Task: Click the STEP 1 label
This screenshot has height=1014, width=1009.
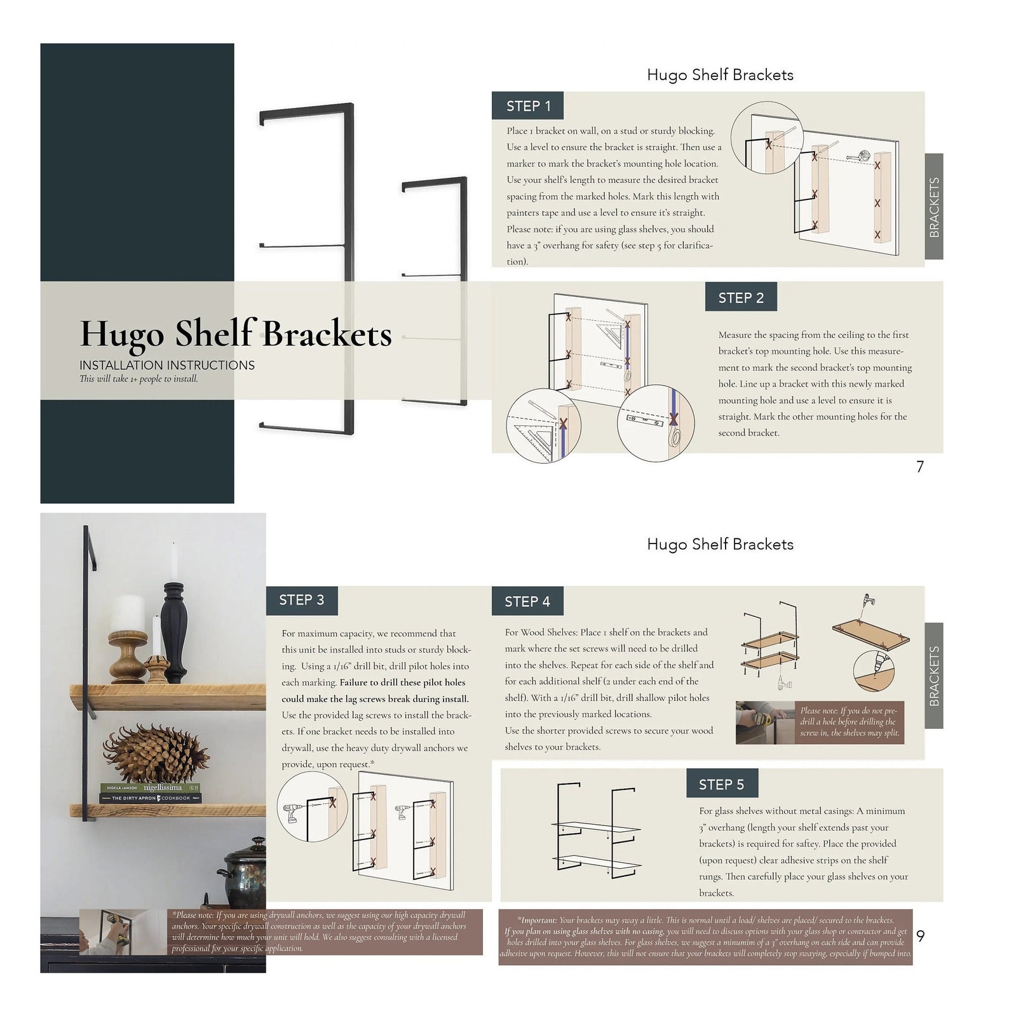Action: click(528, 106)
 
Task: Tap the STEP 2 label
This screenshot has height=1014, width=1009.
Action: click(741, 298)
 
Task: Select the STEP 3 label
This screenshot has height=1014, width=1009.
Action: click(302, 600)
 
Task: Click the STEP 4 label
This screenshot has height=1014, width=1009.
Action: click(527, 601)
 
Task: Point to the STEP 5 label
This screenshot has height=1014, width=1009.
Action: click(721, 785)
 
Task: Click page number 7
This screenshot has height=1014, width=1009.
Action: click(920, 467)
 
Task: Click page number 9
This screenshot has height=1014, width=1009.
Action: click(921, 936)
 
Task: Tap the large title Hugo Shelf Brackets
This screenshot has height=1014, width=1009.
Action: click(236, 334)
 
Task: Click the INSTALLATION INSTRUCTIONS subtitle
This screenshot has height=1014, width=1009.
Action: click(167, 366)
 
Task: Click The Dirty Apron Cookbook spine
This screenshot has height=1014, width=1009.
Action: click(151, 798)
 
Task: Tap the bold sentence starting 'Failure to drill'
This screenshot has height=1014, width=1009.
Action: click(375, 691)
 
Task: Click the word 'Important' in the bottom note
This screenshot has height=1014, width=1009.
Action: click(538, 920)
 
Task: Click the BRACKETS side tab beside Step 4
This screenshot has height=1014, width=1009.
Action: click(933, 676)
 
